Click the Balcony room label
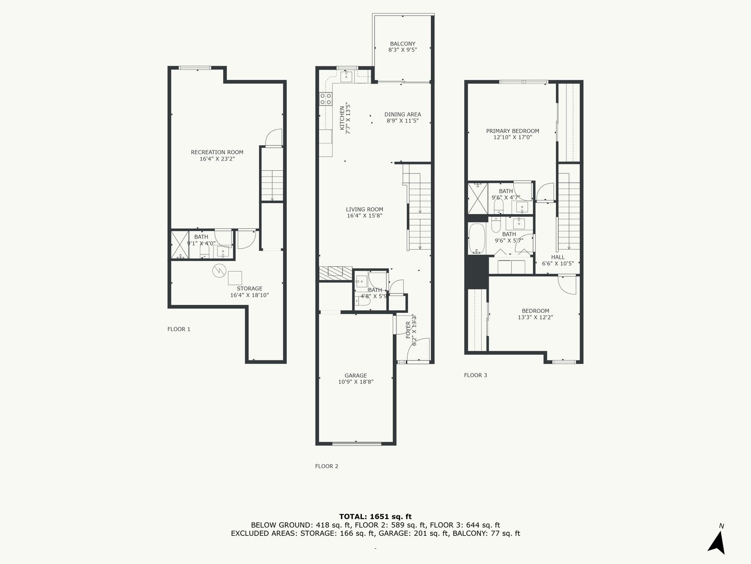[402, 44]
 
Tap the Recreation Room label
[217, 152]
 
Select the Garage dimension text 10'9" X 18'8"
[356, 382]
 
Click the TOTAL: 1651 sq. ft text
[375, 516]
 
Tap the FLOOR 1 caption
[178, 329]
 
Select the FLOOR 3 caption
[475, 375]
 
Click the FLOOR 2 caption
[326, 466]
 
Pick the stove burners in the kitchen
[325, 99]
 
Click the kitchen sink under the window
[347, 76]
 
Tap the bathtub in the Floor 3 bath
[476, 239]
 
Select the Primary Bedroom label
[513, 131]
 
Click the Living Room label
[365, 209]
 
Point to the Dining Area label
[402, 114]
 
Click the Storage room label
[249, 288]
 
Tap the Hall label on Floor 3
[558, 257]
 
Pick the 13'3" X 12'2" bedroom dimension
[535, 317]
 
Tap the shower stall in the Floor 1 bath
[180, 245]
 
